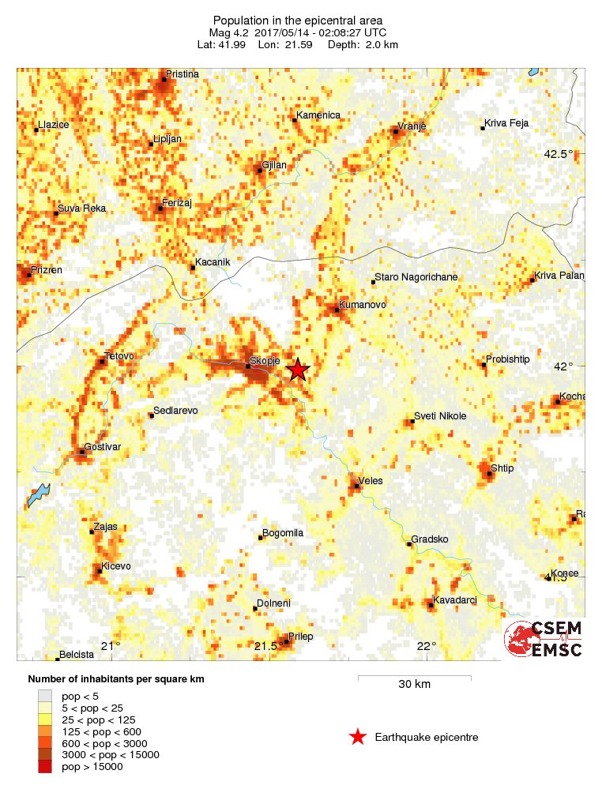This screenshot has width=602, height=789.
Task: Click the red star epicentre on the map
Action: (297, 370)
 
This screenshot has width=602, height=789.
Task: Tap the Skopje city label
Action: (266, 361)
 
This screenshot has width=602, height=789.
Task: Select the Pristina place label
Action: (182, 74)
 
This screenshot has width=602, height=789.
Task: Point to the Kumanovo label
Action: (362, 304)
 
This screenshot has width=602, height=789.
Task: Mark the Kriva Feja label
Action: (506, 123)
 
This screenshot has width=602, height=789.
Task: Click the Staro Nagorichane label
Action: (416, 277)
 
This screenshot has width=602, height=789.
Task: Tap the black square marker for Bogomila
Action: (261, 538)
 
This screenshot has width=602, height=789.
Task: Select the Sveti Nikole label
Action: (440, 416)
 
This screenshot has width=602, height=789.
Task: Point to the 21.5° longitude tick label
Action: (269, 646)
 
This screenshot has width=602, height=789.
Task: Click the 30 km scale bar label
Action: (414, 684)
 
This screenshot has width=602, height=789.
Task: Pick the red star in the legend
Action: (358, 737)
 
